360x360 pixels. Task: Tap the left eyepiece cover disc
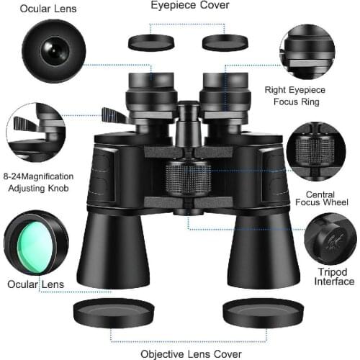pos(152,42)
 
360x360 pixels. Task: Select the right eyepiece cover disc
pos(225,42)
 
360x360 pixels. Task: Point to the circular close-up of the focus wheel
pos(316,150)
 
